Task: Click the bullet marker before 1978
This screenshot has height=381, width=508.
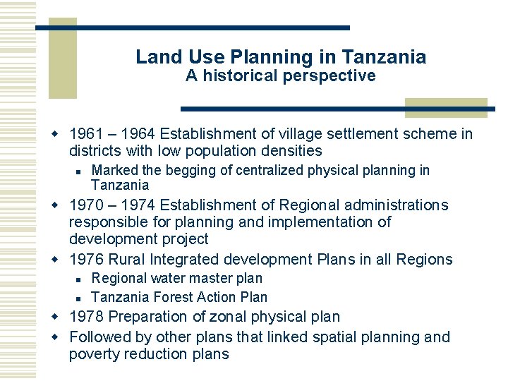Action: (61, 317)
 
